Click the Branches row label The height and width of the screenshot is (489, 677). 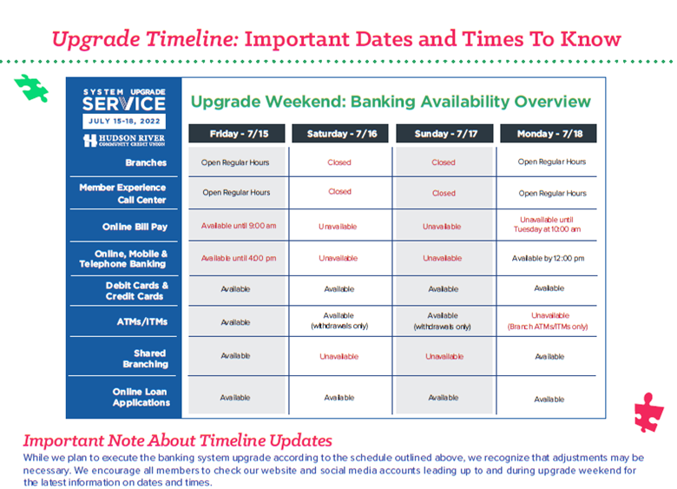(147, 162)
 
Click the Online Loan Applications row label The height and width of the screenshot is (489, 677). (141, 397)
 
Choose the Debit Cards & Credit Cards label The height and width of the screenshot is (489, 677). (137, 290)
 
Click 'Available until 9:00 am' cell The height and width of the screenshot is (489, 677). (239, 226)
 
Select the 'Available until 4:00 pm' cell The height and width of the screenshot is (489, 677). (239, 258)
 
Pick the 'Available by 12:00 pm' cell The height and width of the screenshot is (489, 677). (548, 258)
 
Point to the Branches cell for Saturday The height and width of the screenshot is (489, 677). (339, 162)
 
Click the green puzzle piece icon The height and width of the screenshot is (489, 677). (31, 88)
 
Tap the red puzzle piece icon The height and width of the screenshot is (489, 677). (647, 410)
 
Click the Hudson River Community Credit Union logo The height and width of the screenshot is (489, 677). (123, 140)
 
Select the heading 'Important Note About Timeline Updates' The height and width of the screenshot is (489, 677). (177, 440)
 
